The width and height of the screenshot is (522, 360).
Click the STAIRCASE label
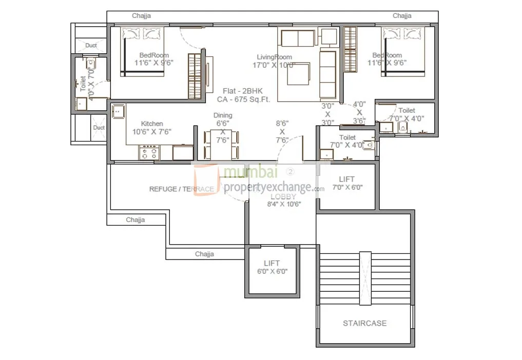(x=364, y=323)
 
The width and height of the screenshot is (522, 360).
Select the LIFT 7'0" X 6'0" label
(x=346, y=179)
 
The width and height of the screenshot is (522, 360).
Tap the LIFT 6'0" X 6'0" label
(x=272, y=263)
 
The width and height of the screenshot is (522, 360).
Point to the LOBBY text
(x=283, y=196)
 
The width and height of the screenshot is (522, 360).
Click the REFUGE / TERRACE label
(x=181, y=189)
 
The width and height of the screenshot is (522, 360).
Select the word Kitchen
(x=152, y=124)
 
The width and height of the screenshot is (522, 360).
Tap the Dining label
(x=223, y=115)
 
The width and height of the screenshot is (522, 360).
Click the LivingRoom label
(x=275, y=57)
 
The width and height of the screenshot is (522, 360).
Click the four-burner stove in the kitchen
(x=149, y=152)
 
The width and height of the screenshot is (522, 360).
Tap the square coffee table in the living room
(x=298, y=74)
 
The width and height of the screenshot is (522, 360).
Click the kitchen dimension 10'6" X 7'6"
(x=152, y=132)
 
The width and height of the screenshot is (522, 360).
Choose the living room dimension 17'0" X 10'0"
(x=274, y=65)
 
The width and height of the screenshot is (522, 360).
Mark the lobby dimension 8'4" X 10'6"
(x=284, y=204)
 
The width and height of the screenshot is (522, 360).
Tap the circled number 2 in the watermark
(x=291, y=171)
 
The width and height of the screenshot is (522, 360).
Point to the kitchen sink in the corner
(x=118, y=111)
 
